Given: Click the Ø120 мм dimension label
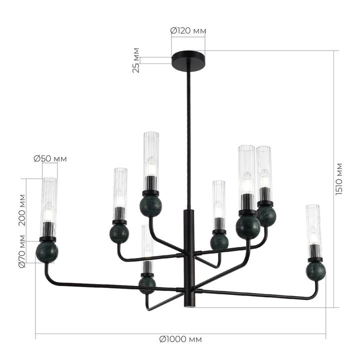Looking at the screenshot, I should [x=188, y=31].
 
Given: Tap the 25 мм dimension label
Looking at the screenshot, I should [x=136, y=61].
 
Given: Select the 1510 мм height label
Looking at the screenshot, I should [x=339, y=178].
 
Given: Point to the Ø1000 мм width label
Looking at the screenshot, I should [x=180, y=339].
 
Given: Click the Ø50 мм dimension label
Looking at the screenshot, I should [x=50, y=159].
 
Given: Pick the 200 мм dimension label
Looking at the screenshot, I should [x=21, y=210].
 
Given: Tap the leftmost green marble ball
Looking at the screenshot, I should [x=47, y=252].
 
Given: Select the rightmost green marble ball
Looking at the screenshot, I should [x=316, y=271].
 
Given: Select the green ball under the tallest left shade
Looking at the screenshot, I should [x=150, y=205].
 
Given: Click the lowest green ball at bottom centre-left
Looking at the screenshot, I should [x=147, y=284].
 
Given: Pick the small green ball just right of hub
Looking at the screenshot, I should [x=219, y=241].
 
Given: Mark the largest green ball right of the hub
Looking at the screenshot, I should [x=248, y=226].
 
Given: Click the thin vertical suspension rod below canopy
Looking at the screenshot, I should [x=188, y=135].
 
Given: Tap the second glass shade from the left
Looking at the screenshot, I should [x=120, y=187].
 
